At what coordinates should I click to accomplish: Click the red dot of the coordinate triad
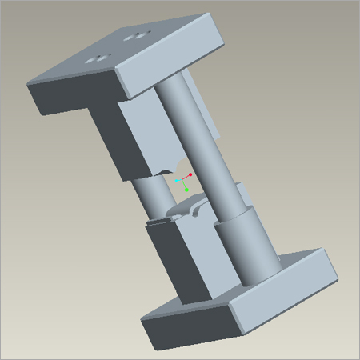coord(190,174)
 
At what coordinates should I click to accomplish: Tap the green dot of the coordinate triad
coord(186,190)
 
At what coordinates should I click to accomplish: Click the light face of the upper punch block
coord(144,136)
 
